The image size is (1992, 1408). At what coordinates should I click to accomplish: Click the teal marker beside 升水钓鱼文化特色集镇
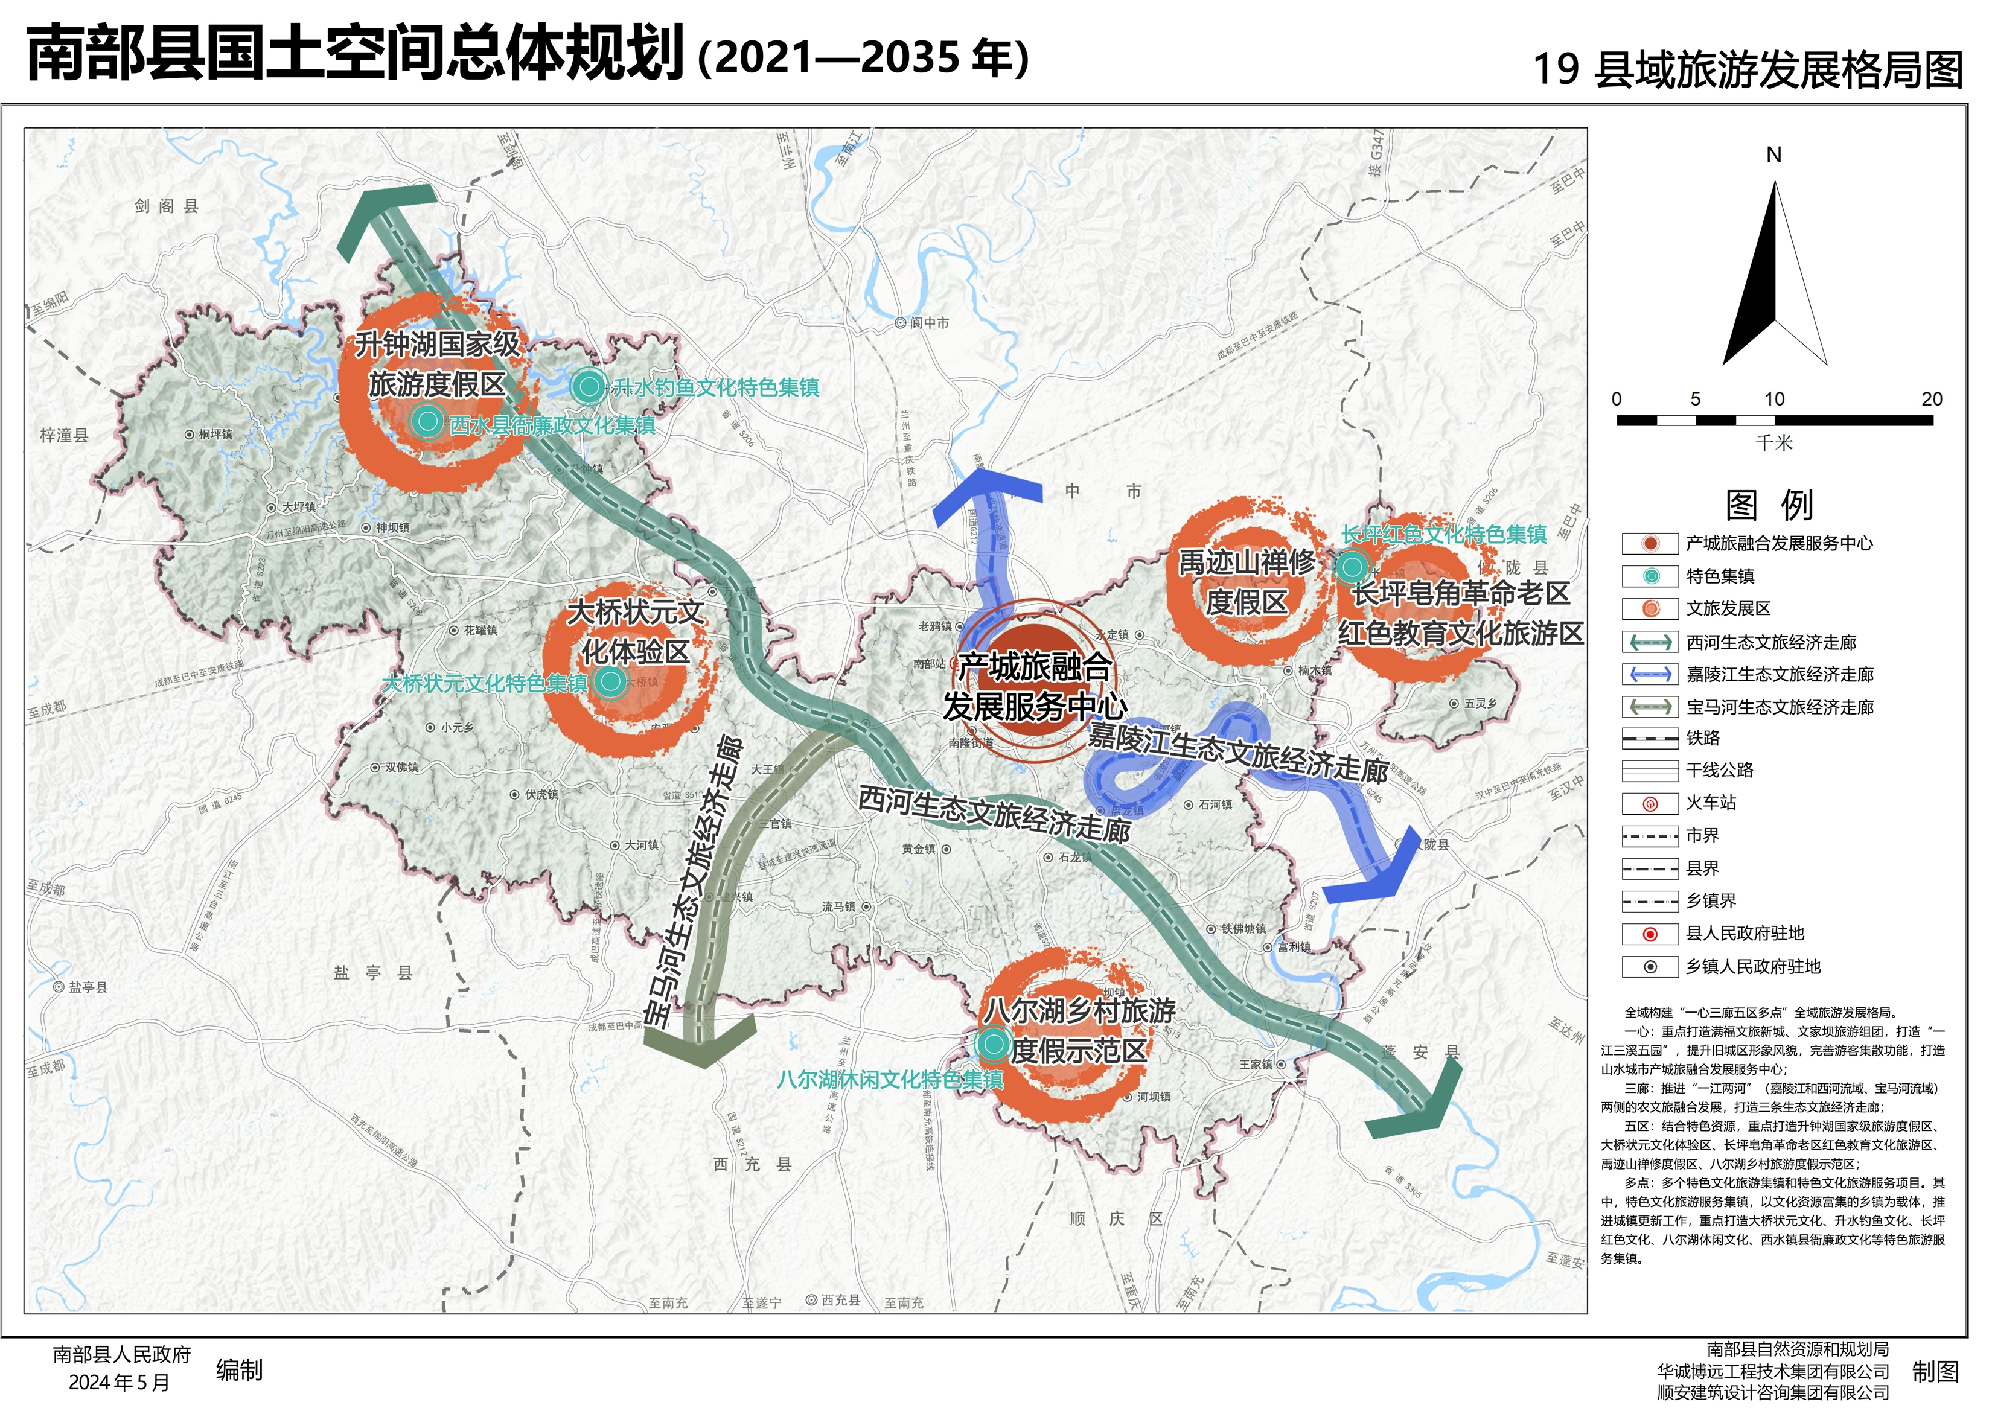[x=588, y=386]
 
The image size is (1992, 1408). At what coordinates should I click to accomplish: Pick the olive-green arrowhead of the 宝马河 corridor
[x=700, y=1041]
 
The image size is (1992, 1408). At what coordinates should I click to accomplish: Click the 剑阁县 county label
[x=167, y=206]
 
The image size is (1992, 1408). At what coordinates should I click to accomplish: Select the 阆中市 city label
[x=929, y=323]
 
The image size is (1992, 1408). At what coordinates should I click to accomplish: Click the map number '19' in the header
[x=1556, y=69]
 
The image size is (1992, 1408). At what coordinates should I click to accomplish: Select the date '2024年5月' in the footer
[x=119, y=1383]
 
